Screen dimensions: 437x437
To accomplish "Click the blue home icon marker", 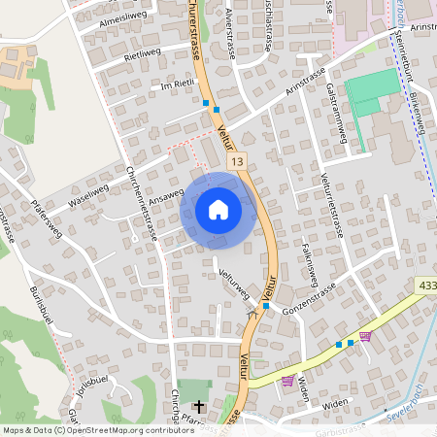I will [218, 210].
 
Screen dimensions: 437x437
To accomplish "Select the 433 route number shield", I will [427, 285].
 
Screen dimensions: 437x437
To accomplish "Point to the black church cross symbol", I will [200, 406].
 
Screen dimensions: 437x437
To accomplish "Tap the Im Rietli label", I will [178, 87].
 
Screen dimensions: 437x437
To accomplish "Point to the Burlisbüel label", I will [46, 312].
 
